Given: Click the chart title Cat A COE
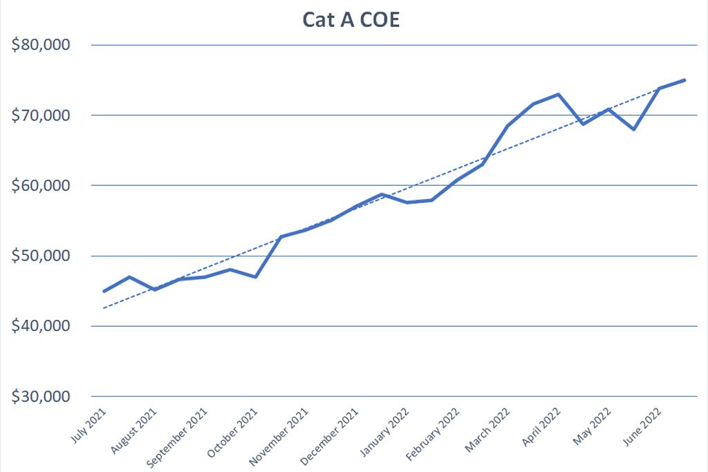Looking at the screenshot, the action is [x=351, y=20].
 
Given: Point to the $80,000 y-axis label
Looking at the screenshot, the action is [x=41, y=45].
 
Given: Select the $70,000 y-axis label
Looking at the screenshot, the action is [x=41, y=115].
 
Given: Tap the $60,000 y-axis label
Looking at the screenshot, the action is [x=41, y=185].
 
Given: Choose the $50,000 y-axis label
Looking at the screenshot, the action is [x=41, y=256].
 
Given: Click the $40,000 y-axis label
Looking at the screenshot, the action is [x=41, y=325].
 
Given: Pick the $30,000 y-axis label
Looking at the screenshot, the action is [x=41, y=396].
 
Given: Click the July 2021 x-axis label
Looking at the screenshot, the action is [x=89, y=425].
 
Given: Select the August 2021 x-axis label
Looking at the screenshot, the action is [x=133, y=431].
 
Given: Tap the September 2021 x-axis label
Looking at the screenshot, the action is [x=177, y=437].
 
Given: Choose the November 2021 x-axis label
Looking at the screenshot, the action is [x=279, y=436].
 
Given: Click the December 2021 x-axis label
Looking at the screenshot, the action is [x=329, y=436].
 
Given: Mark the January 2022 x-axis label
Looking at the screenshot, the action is [x=384, y=432].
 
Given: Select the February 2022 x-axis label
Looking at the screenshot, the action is [x=433, y=434].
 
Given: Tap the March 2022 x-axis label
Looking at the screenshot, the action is [x=487, y=430].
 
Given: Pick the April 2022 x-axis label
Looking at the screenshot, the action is [x=541, y=426].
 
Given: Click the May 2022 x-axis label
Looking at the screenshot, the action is [x=593, y=426].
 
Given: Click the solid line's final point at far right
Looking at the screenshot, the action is [x=684, y=80].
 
